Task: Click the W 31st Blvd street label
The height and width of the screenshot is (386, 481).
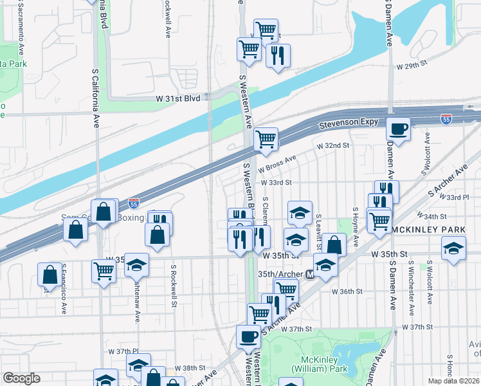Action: pos(178,97)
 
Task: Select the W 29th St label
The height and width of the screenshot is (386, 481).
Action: pos(412,66)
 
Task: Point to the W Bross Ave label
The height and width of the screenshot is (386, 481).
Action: pos(277,165)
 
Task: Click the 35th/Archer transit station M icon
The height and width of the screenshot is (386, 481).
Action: pos(310,273)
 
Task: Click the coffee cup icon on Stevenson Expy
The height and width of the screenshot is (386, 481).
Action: pos(399,129)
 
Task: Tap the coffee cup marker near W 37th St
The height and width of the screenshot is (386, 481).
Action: pos(249,336)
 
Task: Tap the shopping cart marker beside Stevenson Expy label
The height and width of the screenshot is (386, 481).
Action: pos(266,138)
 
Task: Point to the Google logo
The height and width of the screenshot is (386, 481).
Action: pos(21,378)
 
